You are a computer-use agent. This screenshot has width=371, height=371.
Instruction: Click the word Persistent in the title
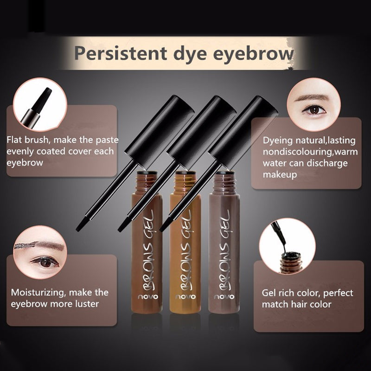coord(121,53)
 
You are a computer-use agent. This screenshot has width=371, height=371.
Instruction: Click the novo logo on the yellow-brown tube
coord(185,297)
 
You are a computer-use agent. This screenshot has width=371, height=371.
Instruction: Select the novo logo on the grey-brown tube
coord(224,297)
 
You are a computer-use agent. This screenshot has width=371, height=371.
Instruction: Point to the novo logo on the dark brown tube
coord(148,297)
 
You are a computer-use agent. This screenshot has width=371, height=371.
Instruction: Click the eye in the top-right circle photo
coord(314,110)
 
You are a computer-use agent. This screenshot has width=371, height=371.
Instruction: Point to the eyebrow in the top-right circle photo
coord(314,97)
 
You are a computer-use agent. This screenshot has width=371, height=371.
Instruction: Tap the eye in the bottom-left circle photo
coord(45,262)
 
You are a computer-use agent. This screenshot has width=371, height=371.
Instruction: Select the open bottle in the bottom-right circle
coord(290,262)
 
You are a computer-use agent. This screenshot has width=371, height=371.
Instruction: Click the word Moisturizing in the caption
coord(38,293)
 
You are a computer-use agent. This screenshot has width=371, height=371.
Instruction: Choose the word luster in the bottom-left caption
coord(86,304)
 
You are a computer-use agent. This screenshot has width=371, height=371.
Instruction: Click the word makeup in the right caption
coord(280,175)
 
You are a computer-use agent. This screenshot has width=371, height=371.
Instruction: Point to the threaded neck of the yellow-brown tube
coord(185,181)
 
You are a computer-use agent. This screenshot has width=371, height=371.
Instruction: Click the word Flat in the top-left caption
coord(14,140)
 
